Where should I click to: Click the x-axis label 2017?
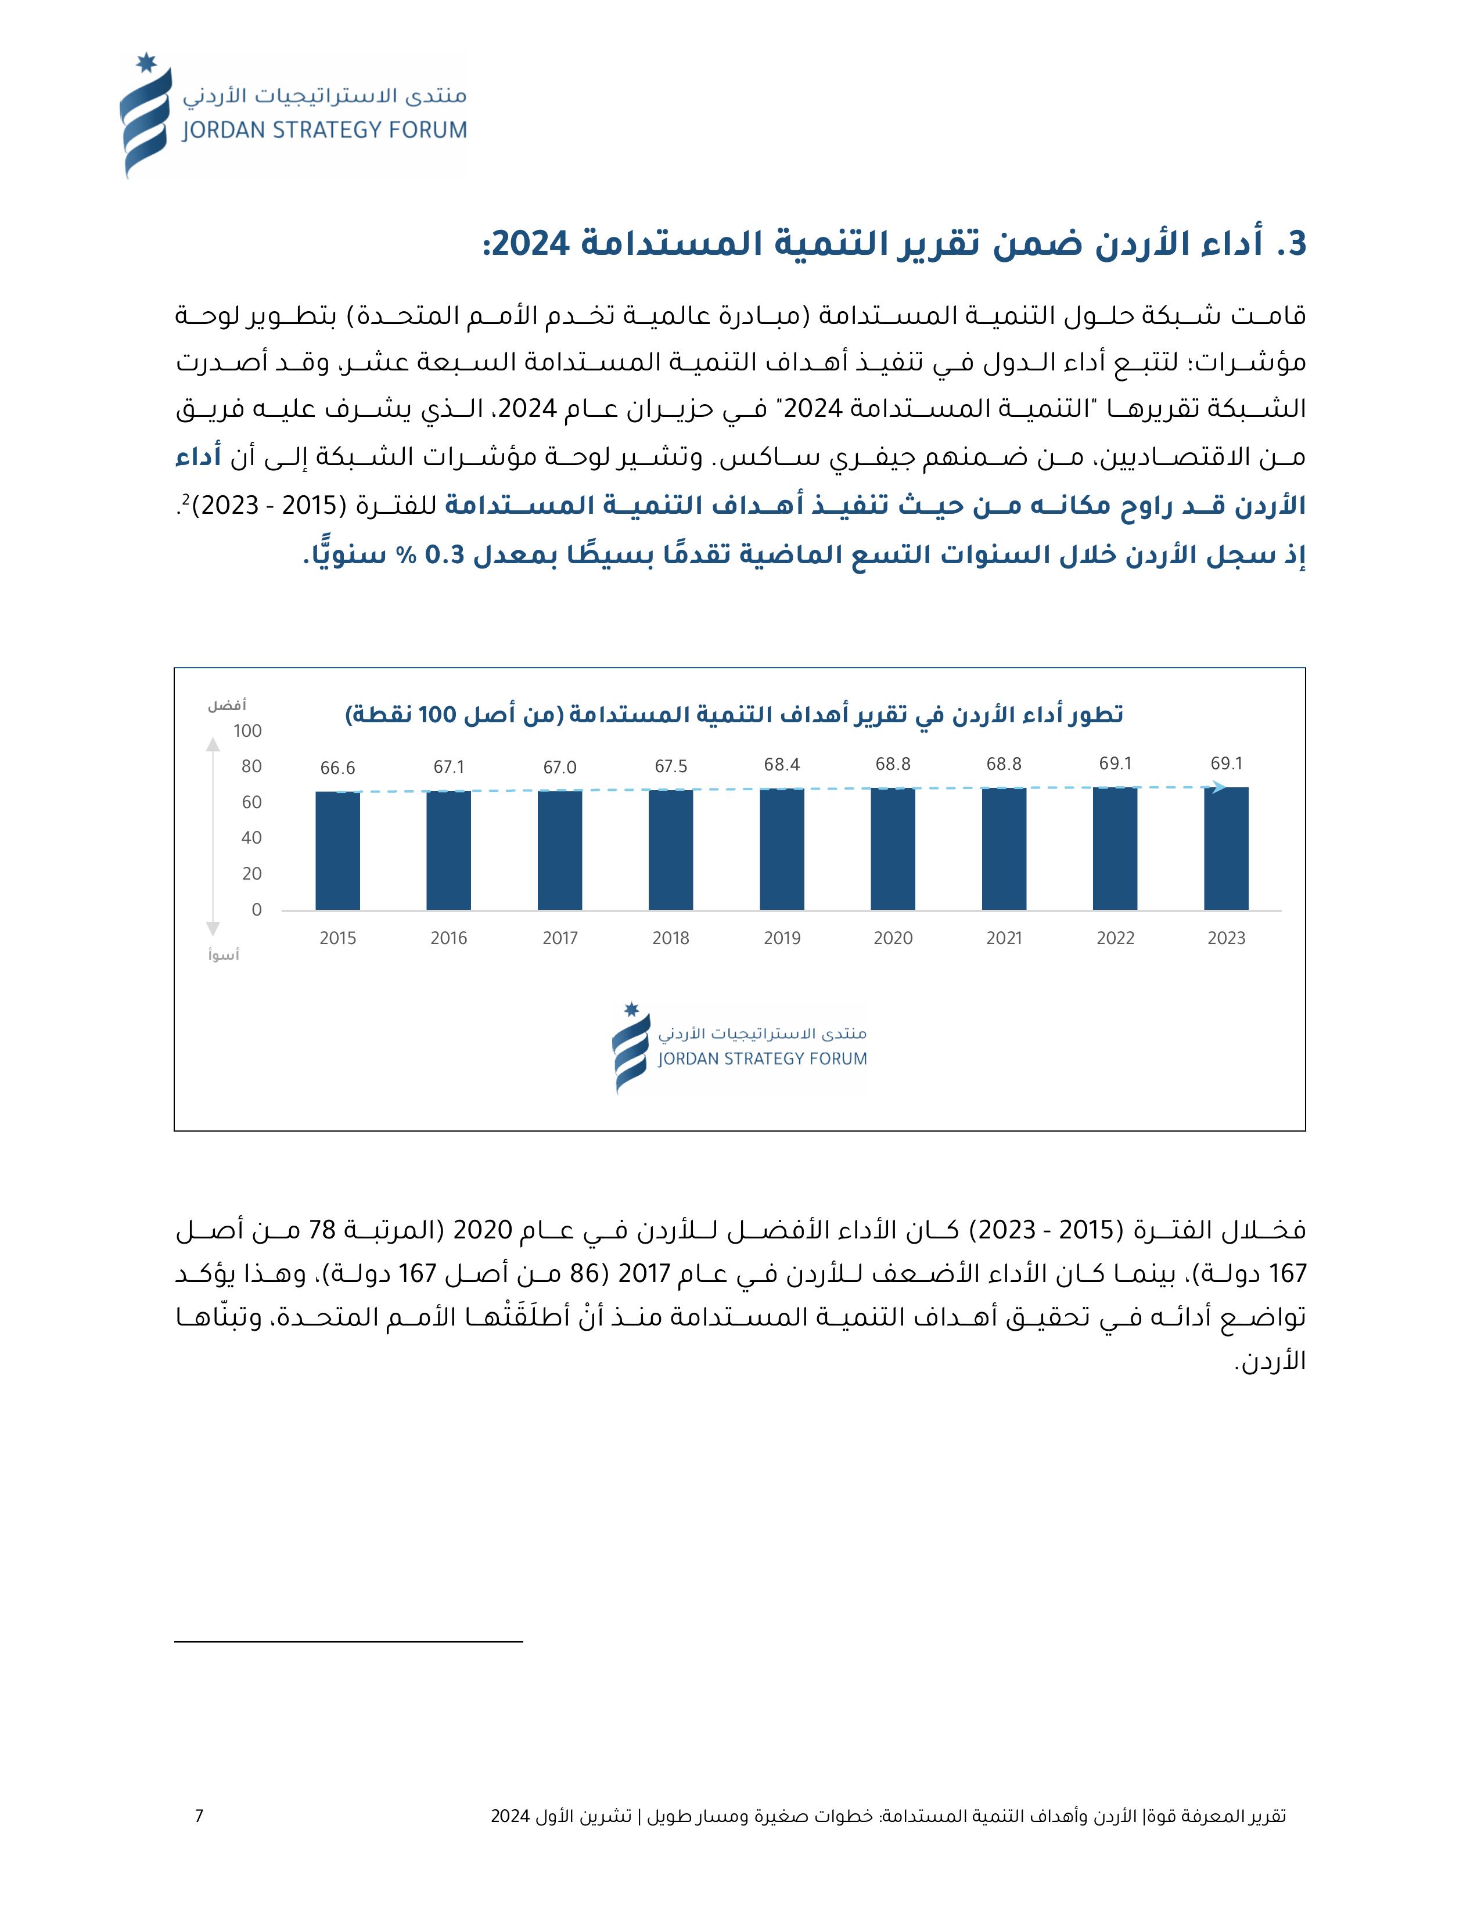click(560, 938)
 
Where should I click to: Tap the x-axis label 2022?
click(1115, 938)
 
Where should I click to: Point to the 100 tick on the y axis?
click(247, 731)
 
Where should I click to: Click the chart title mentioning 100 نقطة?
click(734, 715)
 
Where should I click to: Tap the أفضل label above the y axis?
click(227, 705)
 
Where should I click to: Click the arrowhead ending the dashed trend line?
click(1218, 787)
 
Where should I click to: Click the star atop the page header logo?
click(146, 64)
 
